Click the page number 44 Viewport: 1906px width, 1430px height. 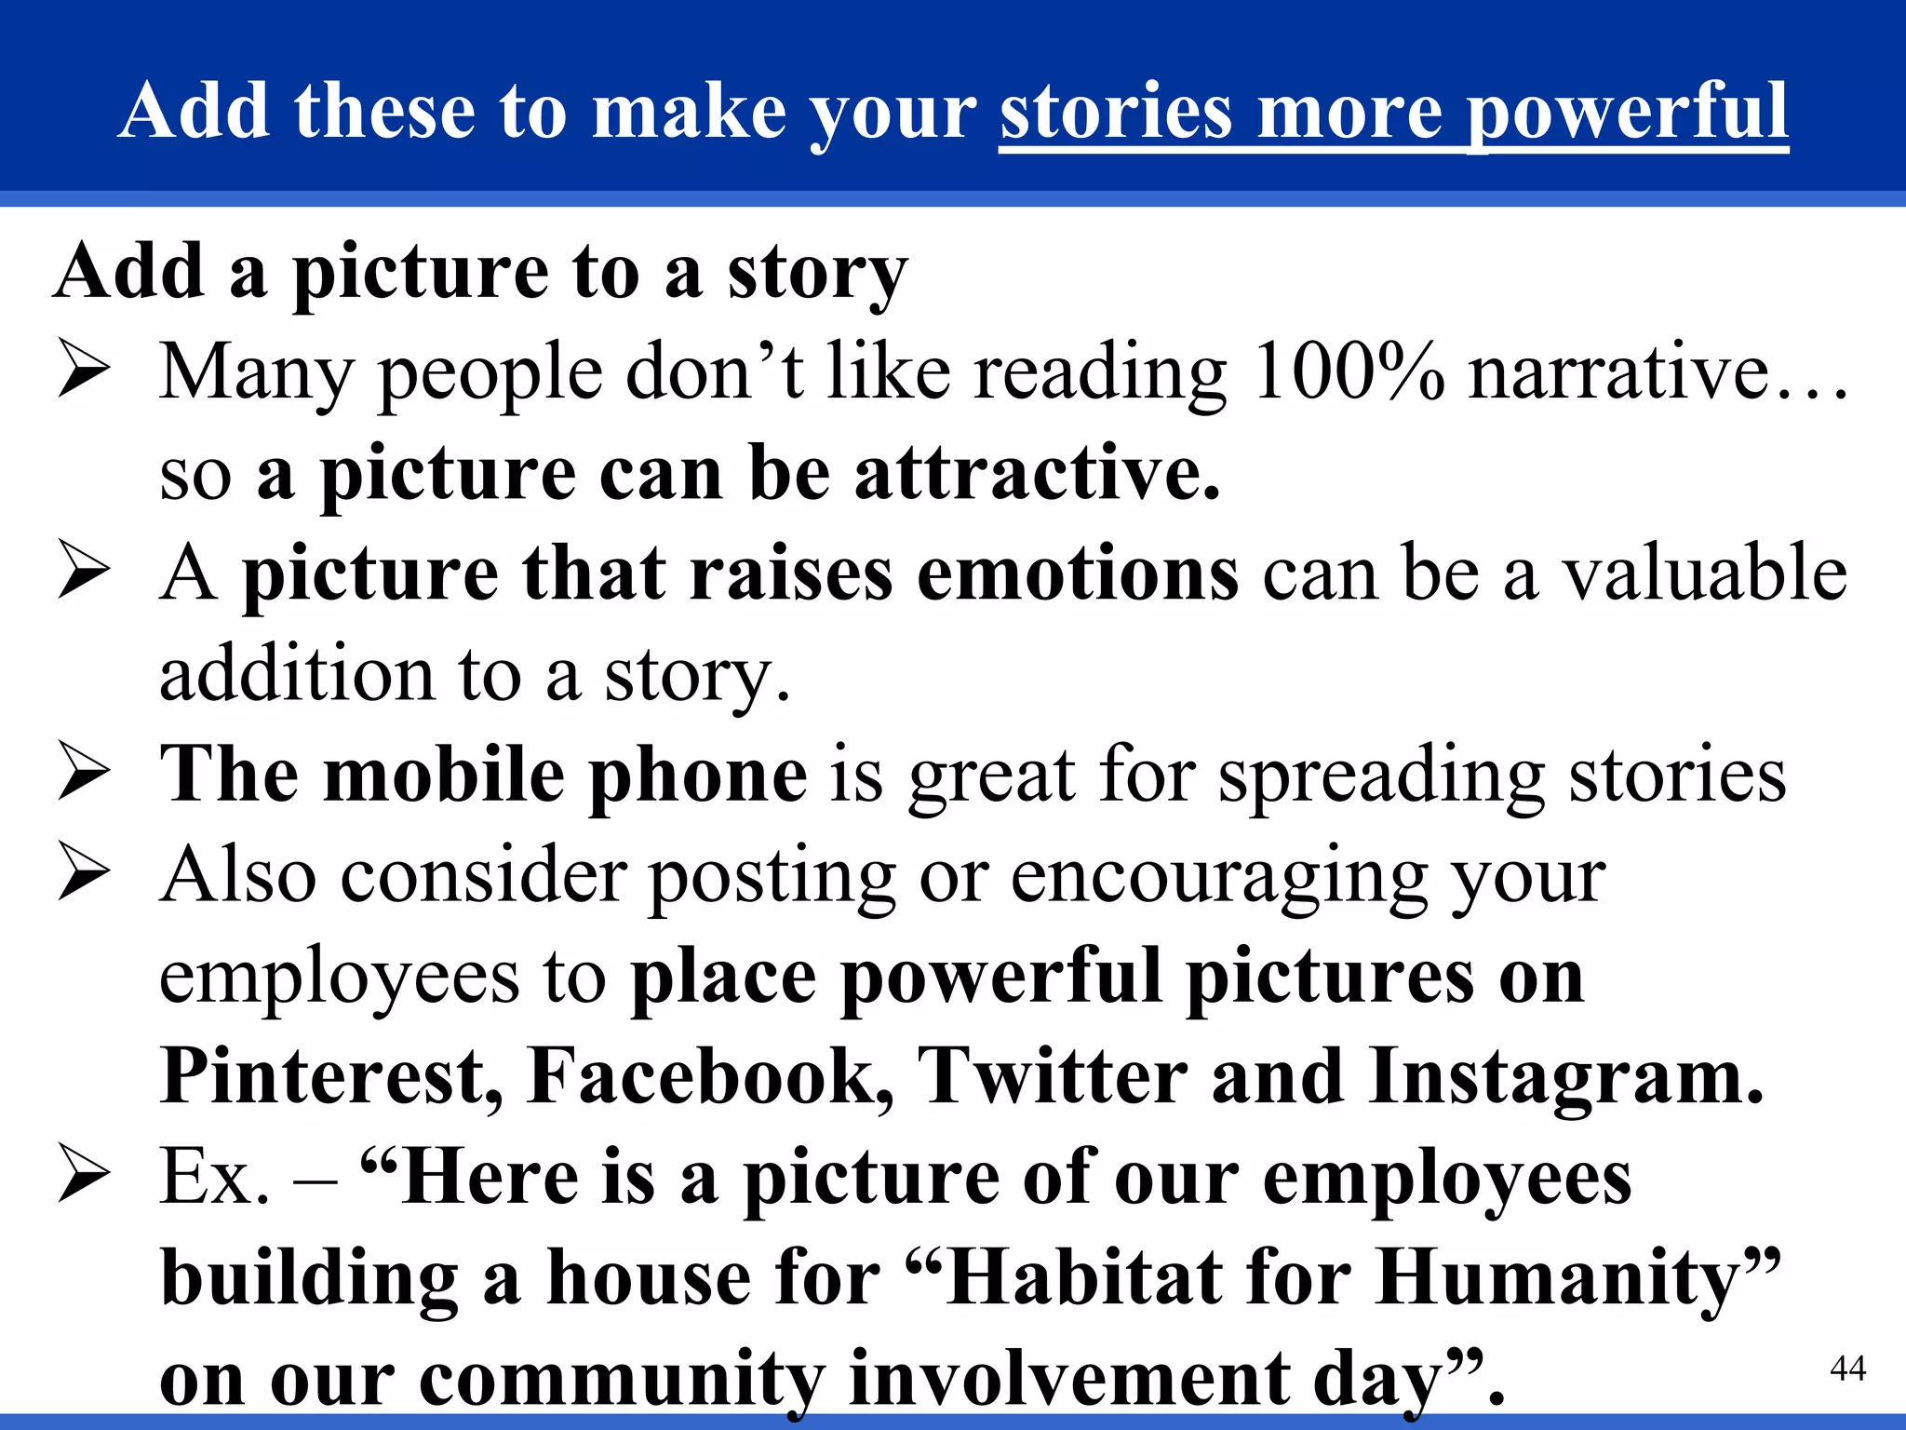tap(1847, 1368)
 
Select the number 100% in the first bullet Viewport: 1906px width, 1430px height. tap(1349, 372)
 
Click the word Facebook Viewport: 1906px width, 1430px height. tap(710, 1076)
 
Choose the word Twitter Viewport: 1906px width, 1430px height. tap(1053, 1076)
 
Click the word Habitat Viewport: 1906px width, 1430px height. tap(1084, 1277)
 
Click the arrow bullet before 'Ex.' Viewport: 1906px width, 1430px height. tap(84, 1175)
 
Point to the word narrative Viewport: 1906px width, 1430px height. tap(1619, 372)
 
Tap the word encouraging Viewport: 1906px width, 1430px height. tap(1219, 877)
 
